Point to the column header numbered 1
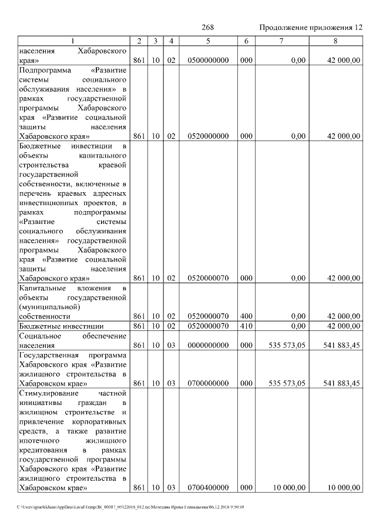(x=73, y=41)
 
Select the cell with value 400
(x=246, y=316)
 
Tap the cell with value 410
(x=246, y=326)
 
